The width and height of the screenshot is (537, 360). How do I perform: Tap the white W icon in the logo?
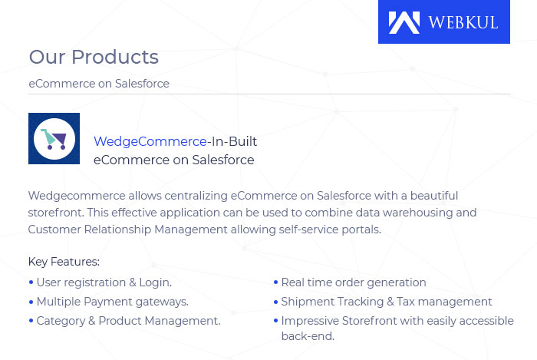(x=404, y=22)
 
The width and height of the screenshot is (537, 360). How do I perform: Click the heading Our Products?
(x=94, y=57)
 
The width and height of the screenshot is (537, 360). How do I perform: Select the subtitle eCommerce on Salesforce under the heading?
(x=99, y=84)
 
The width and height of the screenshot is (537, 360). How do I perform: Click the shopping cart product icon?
(x=54, y=139)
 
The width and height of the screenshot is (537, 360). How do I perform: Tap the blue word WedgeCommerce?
(x=150, y=141)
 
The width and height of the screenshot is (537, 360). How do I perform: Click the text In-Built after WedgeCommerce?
(x=234, y=141)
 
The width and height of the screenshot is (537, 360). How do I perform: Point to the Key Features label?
(x=64, y=262)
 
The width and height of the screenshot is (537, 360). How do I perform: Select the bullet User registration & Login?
(x=104, y=282)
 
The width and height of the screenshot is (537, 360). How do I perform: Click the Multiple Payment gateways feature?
(x=112, y=302)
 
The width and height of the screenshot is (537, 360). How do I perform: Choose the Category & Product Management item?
(x=128, y=321)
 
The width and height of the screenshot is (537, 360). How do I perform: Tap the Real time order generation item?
(x=353, y=282)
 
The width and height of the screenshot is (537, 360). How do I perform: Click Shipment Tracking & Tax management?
(x=386, y=302)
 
